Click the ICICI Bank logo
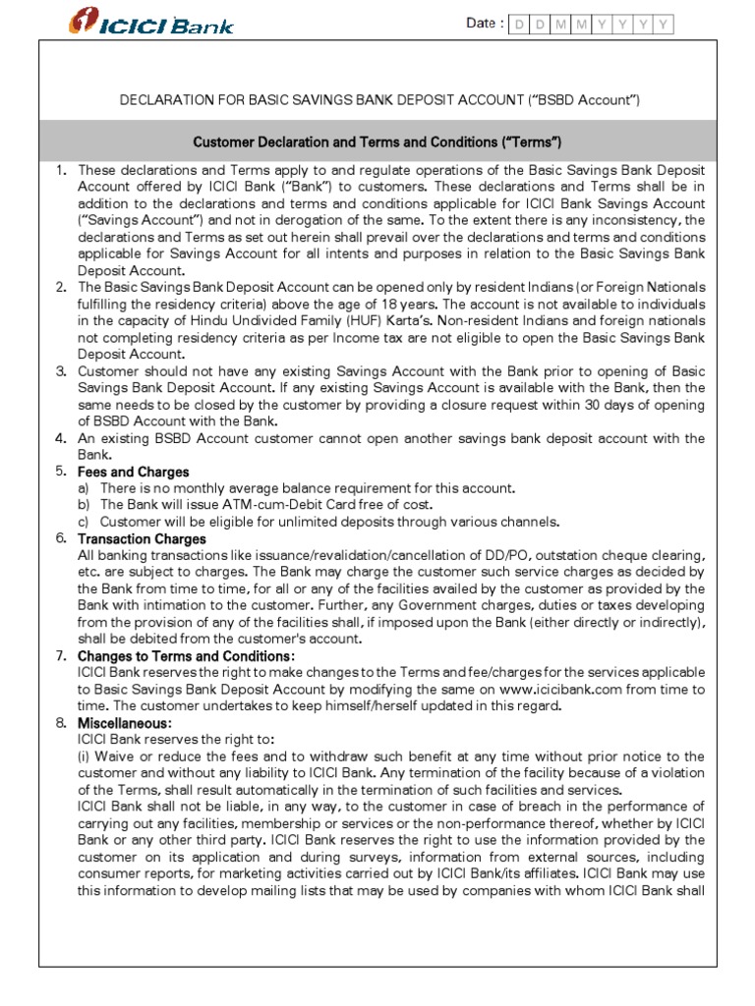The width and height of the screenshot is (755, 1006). pyautogui.click(x=151, y=22)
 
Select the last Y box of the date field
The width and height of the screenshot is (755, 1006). pyautogui.click(x=665, y=24)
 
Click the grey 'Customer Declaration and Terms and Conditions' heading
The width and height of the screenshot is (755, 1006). pyautogui.click(x=377, y=142)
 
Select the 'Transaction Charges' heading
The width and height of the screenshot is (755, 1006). pyautogui.click(x=142, y=538)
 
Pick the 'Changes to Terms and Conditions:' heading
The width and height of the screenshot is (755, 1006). pyautogui.click(x=186, y=655)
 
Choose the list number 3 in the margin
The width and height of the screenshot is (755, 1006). pyautogui.click(x=61, y=371)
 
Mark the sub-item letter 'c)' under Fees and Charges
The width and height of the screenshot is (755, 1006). pyautogui.click(x=85, y=522)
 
